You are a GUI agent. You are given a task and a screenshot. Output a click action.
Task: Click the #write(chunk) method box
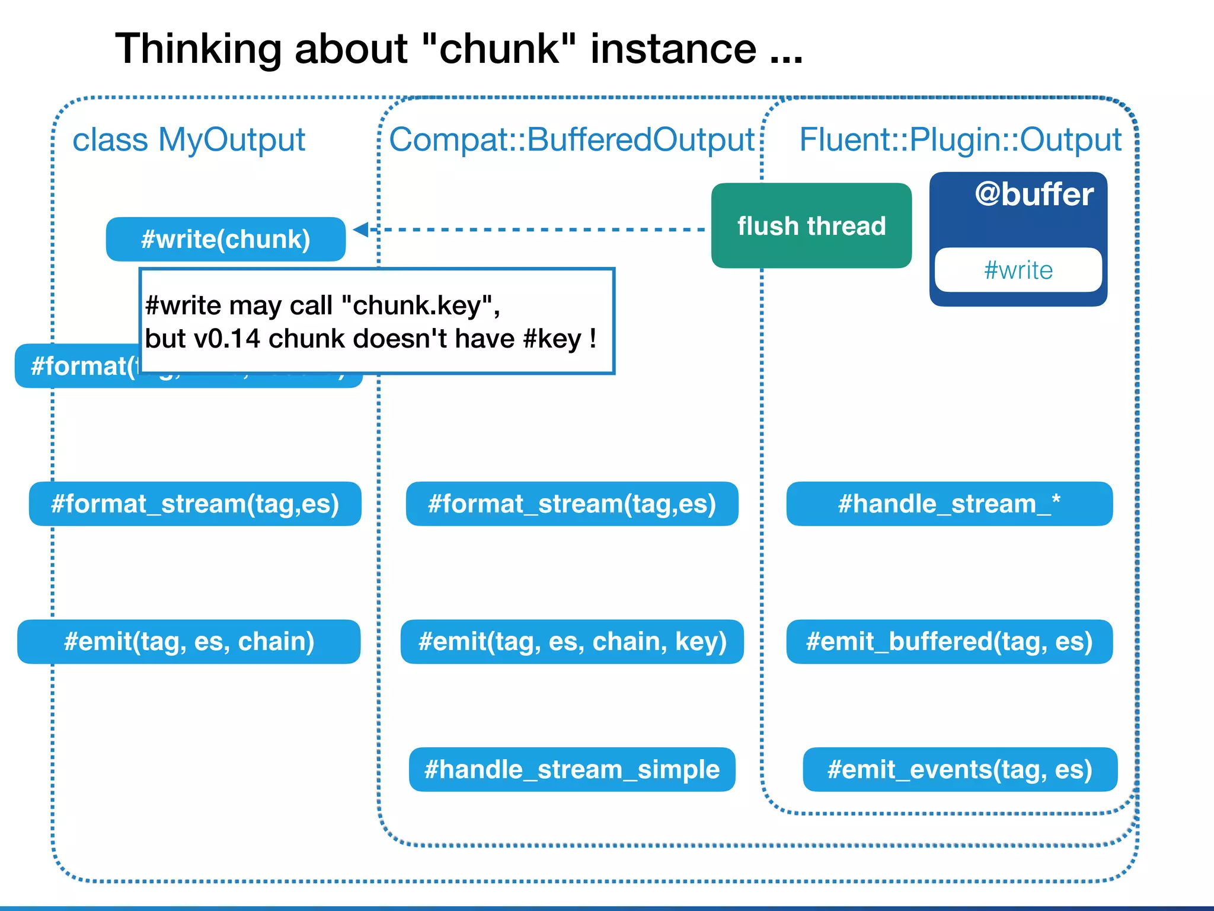[x=225, y=239]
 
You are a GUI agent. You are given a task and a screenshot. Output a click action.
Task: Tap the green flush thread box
[x=811, y=226]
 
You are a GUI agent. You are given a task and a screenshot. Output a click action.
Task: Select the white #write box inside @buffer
[x=1018, y=270]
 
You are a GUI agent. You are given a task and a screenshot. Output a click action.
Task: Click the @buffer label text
[x=1034, y=195]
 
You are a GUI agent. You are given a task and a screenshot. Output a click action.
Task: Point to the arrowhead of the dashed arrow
[x=360, y=230]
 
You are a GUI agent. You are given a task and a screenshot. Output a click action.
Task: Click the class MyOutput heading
[x=189, y=140]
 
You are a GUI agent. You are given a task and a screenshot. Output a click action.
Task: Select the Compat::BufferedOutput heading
[x=571, y=140]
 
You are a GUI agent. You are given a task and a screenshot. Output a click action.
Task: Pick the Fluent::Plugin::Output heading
[x=960, y=140]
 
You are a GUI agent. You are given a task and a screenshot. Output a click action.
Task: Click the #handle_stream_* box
[x=949, y=504]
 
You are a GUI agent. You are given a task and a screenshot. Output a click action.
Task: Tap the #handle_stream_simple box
[x=571, y=769]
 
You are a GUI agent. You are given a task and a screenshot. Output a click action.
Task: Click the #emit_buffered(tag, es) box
[x=949, y=642]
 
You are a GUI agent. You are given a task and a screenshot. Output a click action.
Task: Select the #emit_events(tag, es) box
[x=960, y=769]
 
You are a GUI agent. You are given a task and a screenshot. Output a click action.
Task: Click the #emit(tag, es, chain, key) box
[x=571, y=642]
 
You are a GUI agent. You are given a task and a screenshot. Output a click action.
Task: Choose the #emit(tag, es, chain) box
[x=189, y=642]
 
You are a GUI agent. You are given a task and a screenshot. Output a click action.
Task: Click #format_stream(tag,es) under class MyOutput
[x=194, y=504]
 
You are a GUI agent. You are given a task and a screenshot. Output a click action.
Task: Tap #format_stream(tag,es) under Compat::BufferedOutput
[x=571, y=504]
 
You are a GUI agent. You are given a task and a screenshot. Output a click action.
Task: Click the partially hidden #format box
[x=77, y=367]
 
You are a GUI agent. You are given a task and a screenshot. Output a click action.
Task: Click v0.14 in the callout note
[x=227, y=339]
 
